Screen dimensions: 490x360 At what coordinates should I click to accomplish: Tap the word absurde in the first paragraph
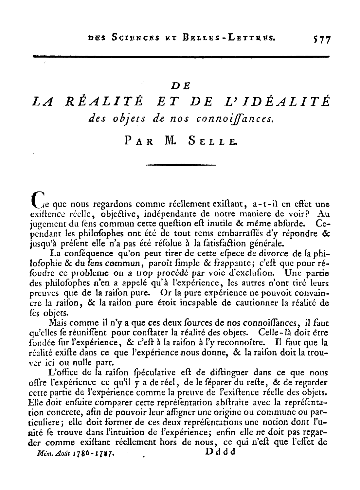point(294,225)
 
